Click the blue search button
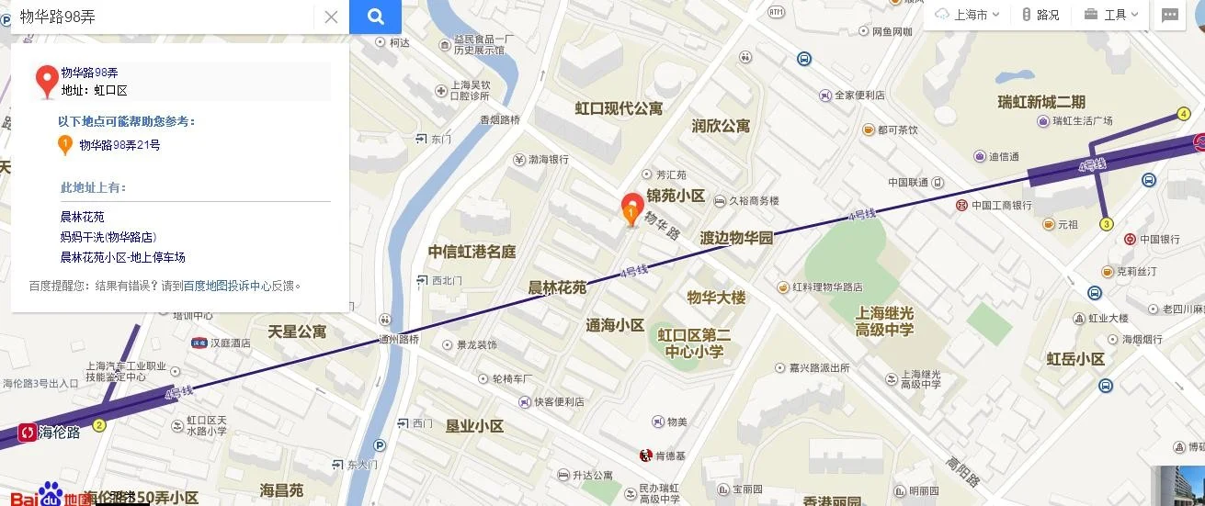coord(375,17)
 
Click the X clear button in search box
coord(331,17)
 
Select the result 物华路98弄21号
coord(119,145)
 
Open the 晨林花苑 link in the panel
coord(83,217)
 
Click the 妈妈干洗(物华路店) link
coord(108,237)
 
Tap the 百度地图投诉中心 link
coord(227,286)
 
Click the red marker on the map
coord(631,208)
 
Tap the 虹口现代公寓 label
coord(619,108)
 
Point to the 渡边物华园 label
coord(736,238)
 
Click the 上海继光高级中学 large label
coord(884,320)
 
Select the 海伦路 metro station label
coord(59,432)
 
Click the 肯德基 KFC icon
coord(646,455)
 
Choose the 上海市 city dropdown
coord(967,15)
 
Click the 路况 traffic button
coord(1040,15)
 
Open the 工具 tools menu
coord(1112,15)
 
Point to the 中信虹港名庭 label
coord(472,252)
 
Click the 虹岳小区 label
coord(1075,359)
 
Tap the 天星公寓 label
coord(297,331)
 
